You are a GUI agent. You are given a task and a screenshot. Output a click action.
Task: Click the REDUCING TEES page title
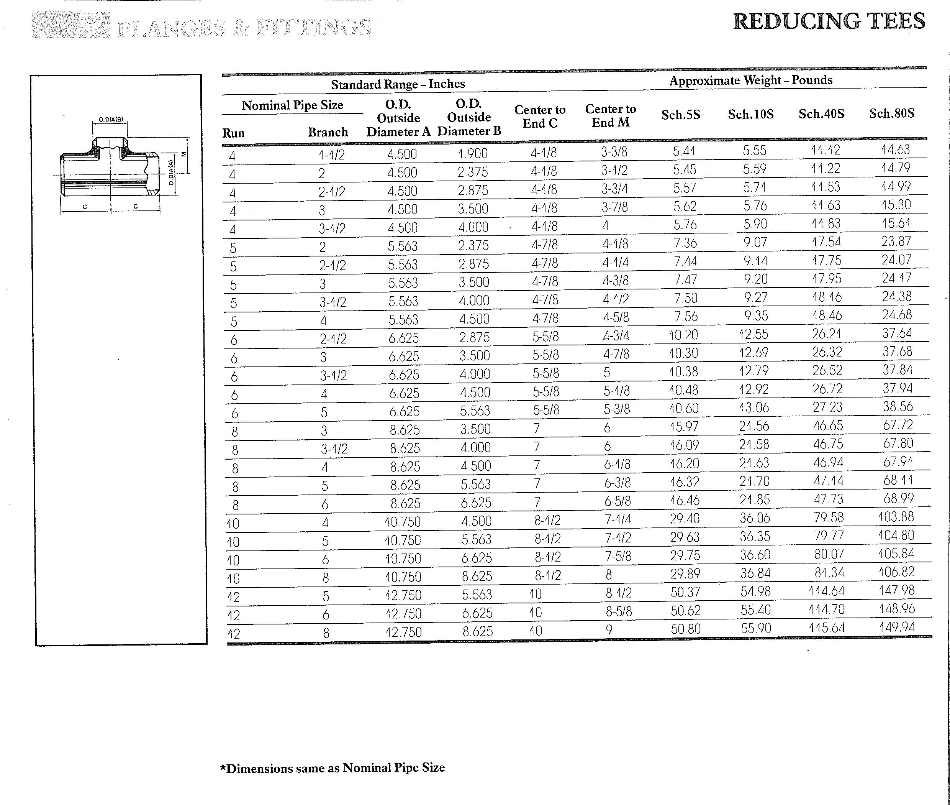pyautogui.click(x=829, y=21)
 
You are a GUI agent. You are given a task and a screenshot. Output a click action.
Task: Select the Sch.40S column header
pyautogui.click(x=821, y=113)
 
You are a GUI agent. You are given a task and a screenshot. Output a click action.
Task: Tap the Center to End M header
pyautogui.click(x=610, y=115)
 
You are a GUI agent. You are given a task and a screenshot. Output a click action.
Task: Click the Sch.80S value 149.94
pyautogui.click(x=897, y=627)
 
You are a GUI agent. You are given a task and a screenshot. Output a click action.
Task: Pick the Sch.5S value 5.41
pyautogui.click(x=684, y=151)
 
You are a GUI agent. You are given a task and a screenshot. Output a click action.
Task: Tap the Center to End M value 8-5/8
pyautogui.click(x=618, y=611)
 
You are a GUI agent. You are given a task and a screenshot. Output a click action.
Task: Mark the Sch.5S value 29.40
pyautogui.click(x=685, y=518)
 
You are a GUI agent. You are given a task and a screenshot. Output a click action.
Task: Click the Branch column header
pyautogui.click(x=328, y=132)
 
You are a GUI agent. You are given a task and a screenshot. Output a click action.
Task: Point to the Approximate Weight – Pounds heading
pyautogui.click(x=751, y=80)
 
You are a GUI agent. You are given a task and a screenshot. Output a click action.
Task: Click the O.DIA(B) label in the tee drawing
pyautogui.click(x=111, y=120)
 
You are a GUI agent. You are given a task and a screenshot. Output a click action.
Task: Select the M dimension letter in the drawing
pyautogui.click(x=184, y=154)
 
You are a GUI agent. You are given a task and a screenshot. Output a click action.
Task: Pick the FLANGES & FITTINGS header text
pyautogui.click(x=244, y=28)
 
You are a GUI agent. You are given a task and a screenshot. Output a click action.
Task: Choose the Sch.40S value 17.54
pyautogui.click(x=826, y=242)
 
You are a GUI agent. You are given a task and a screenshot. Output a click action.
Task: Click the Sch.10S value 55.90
pyautogui.click(x=756, y=628)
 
